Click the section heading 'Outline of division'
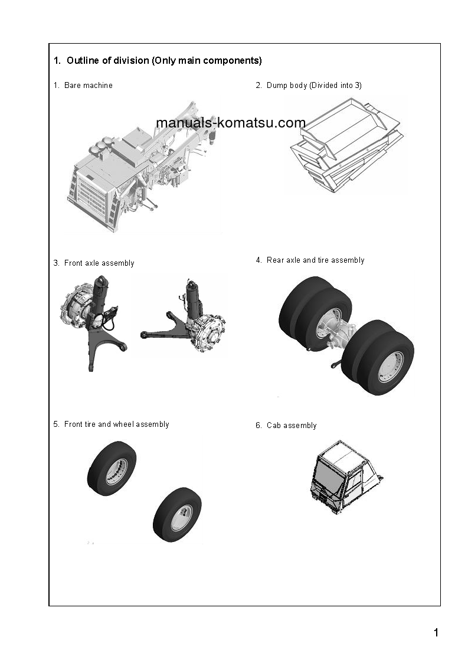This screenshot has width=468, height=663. coord(158,61)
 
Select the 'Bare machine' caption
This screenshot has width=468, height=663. coord(88,86)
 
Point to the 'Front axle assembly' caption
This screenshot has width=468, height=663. coord(99,263)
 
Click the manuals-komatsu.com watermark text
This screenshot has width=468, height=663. coord(231,123)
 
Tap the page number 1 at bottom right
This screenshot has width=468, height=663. coord(436,633)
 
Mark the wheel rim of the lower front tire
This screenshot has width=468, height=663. coord(181,517)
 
